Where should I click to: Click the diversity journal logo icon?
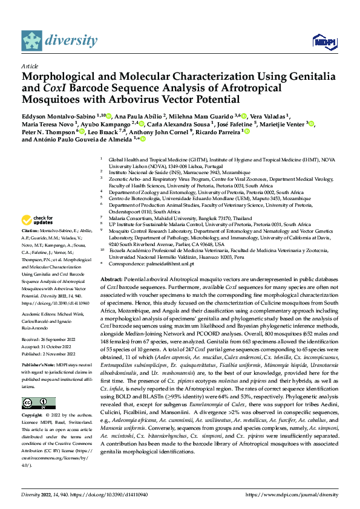pos(32,41)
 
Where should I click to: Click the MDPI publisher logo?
pos(324,41)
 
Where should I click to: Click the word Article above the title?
pos(30,65)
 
